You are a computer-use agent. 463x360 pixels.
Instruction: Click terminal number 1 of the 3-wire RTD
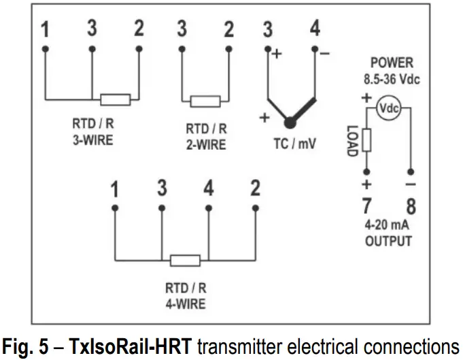(x=45, y=31)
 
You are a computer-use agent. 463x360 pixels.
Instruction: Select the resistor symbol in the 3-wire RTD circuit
(x=115, y=99)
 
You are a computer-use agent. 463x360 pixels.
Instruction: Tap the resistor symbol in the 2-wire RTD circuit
(x=205, y=101)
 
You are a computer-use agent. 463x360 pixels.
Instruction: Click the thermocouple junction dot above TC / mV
(x=290, y=122)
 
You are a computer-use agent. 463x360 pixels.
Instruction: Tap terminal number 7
(x=366, y=205)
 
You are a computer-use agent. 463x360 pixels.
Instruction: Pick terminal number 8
(x=411, y=205)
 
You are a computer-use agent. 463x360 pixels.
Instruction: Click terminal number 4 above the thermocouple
(x=314, y=31)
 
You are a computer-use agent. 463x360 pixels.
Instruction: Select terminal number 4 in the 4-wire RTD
(x=209, y=189)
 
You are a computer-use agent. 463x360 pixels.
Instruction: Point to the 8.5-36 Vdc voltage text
(x=391, y=79)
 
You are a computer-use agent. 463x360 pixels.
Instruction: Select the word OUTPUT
(x=388, y=241)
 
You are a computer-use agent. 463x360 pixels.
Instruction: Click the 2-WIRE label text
(x=205, y=145)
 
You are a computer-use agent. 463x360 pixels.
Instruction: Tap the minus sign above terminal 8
(x=411, y=185)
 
